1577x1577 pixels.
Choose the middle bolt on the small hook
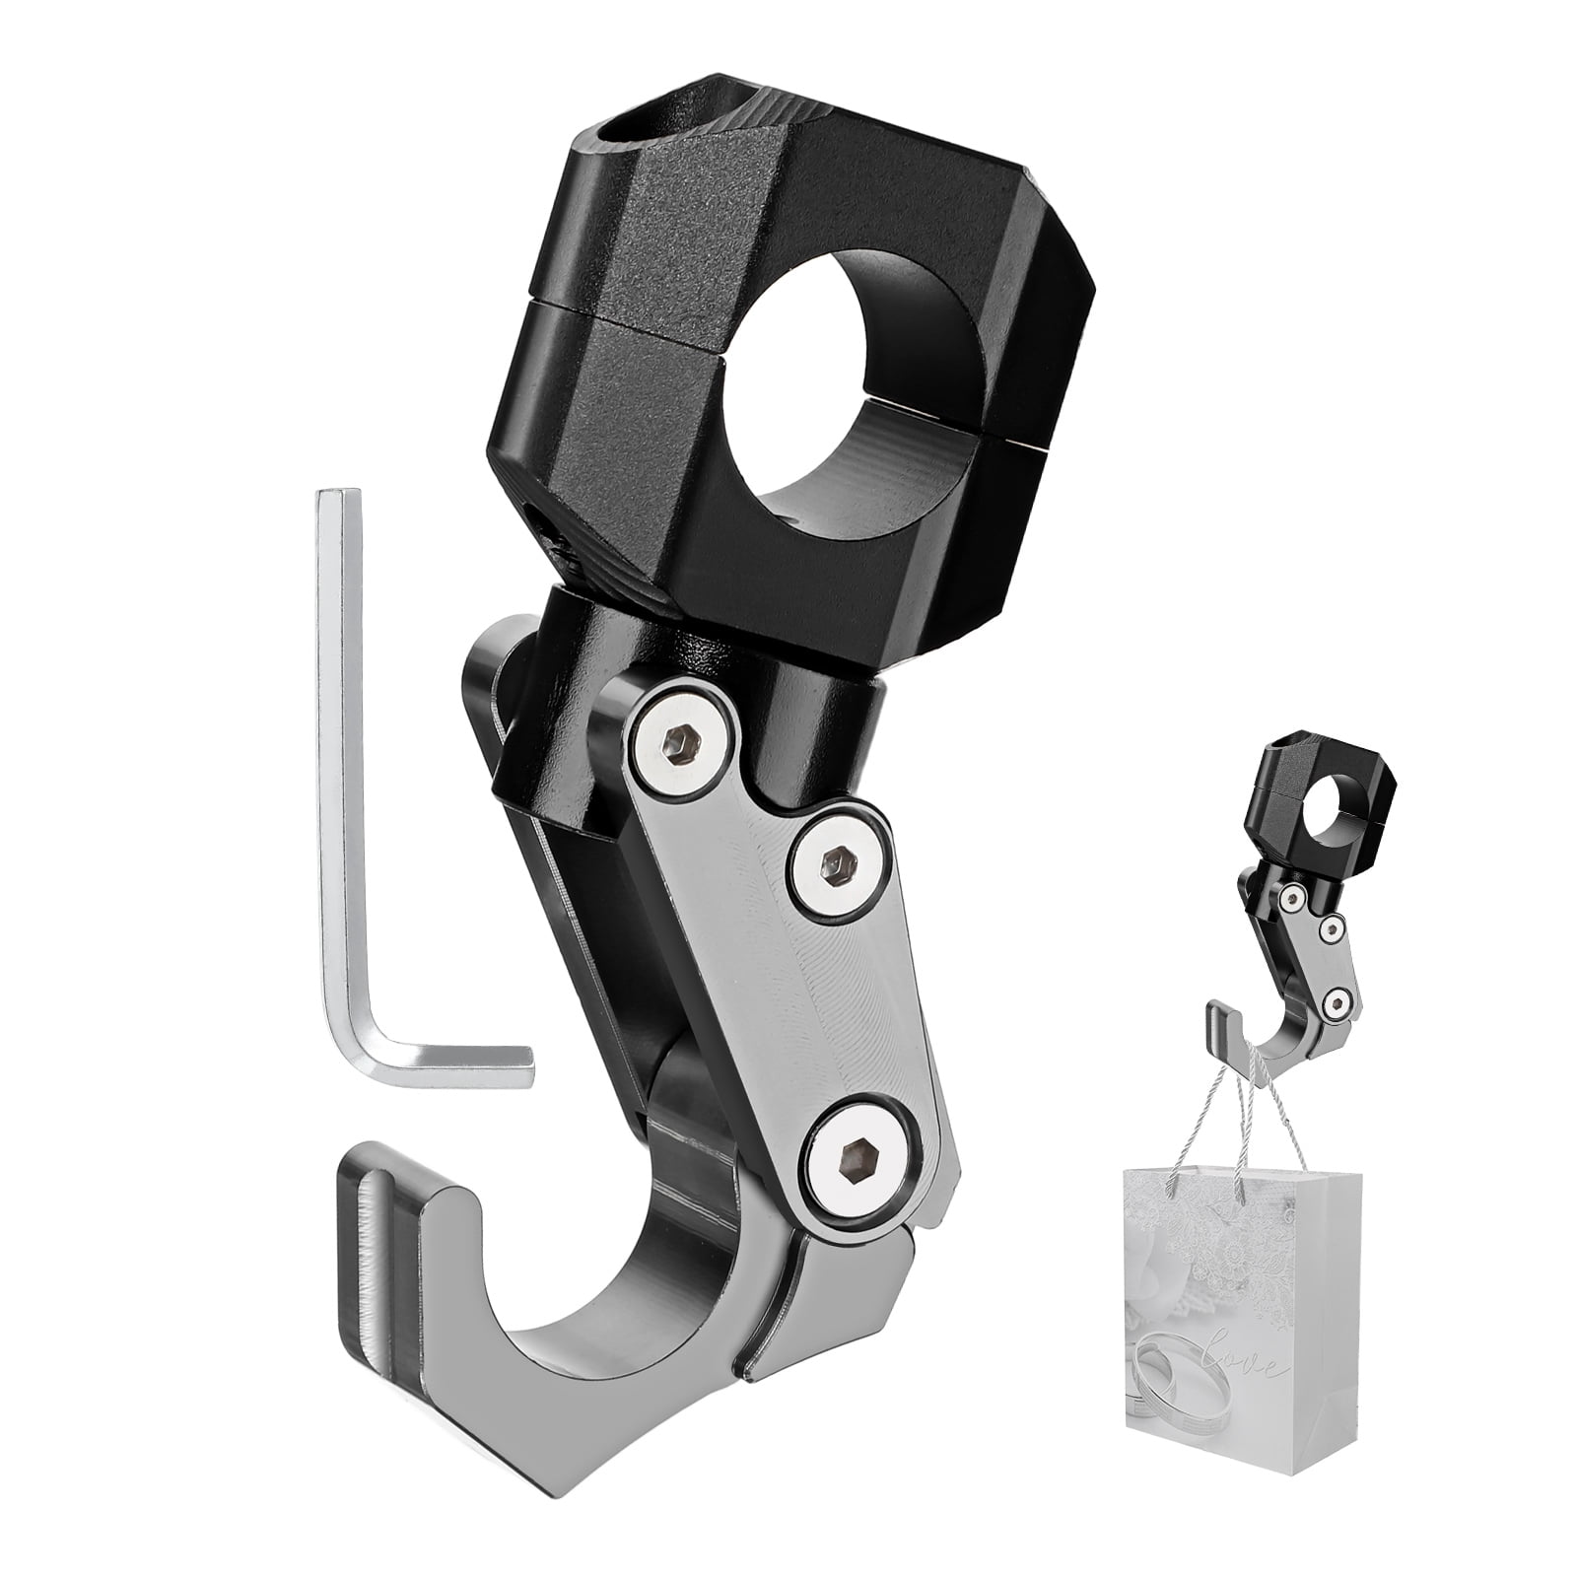click(x=1333, y=927)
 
